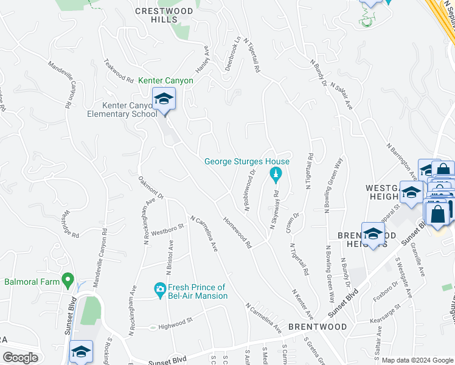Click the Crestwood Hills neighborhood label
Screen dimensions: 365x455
point(164,15)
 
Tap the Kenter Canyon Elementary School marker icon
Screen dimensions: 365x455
point(164,99)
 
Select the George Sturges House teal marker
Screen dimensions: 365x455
point(275,176)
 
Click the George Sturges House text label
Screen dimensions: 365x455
point(246,161)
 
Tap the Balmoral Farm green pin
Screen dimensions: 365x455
point(68,281)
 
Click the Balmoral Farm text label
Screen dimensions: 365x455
point(32,282)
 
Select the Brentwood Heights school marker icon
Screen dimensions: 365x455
point(373,233)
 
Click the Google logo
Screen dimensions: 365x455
point(20,358)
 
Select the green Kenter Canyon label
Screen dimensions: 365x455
point(165,80)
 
